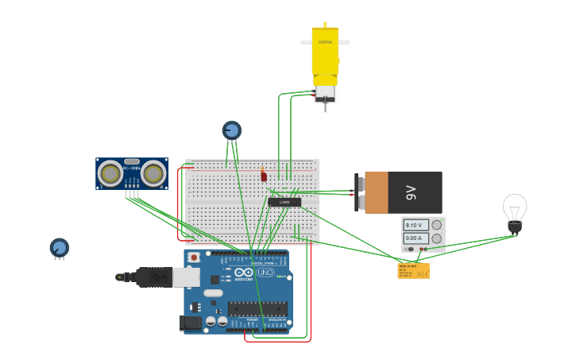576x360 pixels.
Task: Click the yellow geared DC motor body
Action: coord(325,51)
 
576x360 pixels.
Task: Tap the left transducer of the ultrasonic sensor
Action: coord(110,172)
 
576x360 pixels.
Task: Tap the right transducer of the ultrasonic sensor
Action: coord(153,172)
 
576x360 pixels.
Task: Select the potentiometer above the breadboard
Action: coord(231,130)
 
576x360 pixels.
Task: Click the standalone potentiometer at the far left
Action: coord(59,247)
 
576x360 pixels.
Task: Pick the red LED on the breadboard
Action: coord(264,176)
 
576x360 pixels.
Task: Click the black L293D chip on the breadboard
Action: coord(284,202)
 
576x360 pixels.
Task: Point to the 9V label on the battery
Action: coord(411,192)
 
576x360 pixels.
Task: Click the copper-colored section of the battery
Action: coord(376,192)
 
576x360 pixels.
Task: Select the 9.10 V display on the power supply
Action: coord(416,226)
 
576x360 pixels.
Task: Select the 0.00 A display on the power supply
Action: coord(416,238)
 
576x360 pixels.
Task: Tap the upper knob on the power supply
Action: coord(436,226)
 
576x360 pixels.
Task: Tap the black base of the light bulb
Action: coord(515,227)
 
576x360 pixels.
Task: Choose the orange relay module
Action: coord(413,271)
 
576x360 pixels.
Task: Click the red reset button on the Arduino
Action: coord(193,257)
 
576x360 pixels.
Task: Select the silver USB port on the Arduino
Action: coord(186,277)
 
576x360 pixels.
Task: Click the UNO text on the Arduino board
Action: coord(265,273)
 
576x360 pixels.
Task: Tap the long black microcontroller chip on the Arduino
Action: coord(257,308)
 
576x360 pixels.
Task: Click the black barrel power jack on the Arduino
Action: coord(190,323)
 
